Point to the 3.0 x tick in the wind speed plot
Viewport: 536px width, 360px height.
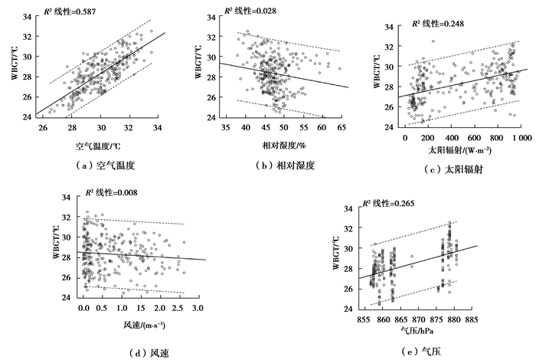click(x=198, y=308)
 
